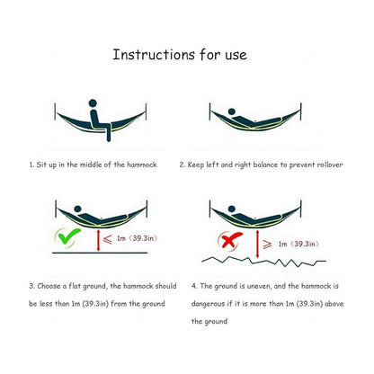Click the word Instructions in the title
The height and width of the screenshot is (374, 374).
pyautogui.click(x=154, y=55)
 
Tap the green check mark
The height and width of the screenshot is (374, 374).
pyautogui.click(x=69, y=236)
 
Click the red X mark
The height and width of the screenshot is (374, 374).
pyautogui.click(x=230, y=240)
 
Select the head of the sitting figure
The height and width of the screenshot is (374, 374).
pyautogui.click(x=93, y=103)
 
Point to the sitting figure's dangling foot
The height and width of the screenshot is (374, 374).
pyautogui.click(x=109, y=138)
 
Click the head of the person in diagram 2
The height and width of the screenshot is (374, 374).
pyautogui.click(x=232, y=112)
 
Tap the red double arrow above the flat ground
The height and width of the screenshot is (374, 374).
pyautogui.click(x=98, y=240)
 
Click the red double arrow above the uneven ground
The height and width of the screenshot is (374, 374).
pyautogui.click(x=257, y=244)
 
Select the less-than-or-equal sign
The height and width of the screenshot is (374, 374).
pyautogui.click(x=107, y=239)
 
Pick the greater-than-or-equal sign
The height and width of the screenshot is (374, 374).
pyautogui.click(x=267, y=245)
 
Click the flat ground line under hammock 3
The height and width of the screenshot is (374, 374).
pyautogui.click(x=100, y=253)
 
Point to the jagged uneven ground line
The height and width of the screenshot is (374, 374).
pyautogui.click(x=263, y=262)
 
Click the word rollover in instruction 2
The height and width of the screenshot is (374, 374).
pyautogui.click(x=330, y=165)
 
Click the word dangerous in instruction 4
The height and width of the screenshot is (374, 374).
pyautogui.click(x=208, y=304)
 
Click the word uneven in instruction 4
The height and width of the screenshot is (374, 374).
pyautogui.click(x=259, y=286)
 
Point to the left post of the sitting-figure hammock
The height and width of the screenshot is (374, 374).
pyautogui.click(x=55, y=111)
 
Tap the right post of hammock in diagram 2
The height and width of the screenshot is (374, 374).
pyautogui.click(x=301, y=111)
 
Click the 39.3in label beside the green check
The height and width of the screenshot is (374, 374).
pyautogui.click(x=145, y=238)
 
